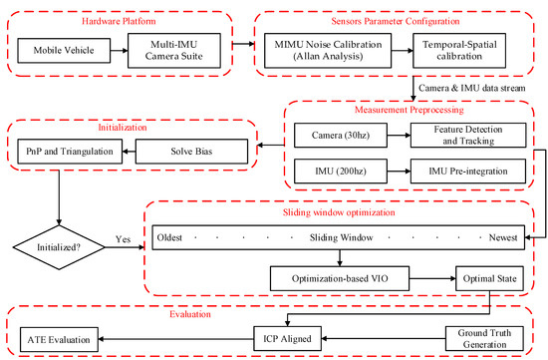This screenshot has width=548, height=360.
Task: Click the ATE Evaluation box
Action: [x=59, y=339]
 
